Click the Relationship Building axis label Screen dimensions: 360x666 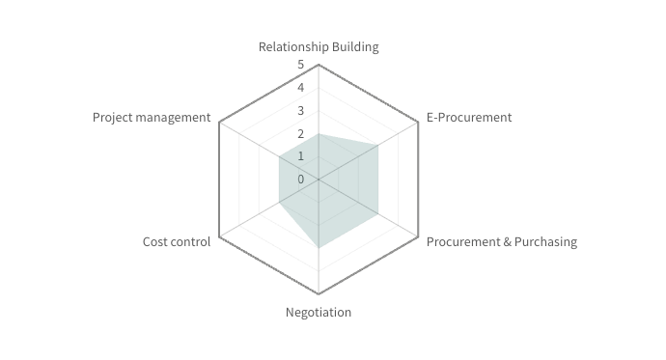(319, 46)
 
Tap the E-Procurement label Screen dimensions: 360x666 (469, 118)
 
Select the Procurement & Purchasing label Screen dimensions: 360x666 (502, 241)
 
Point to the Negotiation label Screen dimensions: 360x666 (319, 312)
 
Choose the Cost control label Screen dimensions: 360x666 (177, 241)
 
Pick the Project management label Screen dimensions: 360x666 (152, 118)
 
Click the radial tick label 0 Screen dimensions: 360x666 (300, 179)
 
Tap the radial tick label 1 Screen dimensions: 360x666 (300, 156)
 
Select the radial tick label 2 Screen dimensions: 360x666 (300, 133)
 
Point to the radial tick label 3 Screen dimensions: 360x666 (300, 111)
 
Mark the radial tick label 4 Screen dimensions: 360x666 (300, 88)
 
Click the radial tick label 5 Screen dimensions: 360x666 (300, 66)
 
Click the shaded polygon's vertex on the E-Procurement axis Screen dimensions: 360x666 (377, 145)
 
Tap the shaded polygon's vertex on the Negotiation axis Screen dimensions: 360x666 (319, 248)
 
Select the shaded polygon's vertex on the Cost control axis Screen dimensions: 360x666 (279, 203)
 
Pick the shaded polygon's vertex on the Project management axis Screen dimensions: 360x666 (279, 156)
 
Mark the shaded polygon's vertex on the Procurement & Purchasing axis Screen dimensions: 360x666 (377, 213)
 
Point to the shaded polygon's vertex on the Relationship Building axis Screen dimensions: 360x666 (319, 133)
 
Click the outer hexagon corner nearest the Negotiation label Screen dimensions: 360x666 (319, 293)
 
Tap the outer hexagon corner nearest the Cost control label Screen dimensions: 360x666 (219, 236)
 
